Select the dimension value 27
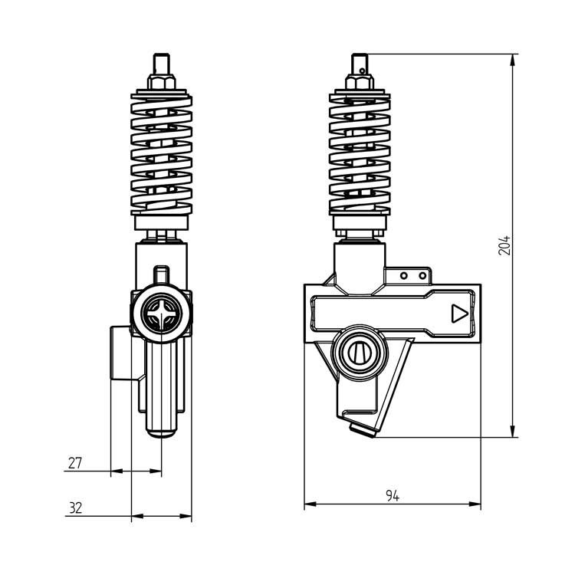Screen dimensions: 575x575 pyautogui.click(x=75, y=463)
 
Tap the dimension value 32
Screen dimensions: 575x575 pyautogui.click(x=75, y=508)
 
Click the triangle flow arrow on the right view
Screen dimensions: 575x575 pyautogui.click(x=458, y=314)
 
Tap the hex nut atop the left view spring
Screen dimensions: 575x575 pyautogui.click(x=162, y=80)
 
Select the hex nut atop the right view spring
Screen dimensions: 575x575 pyautogui.click(x=360, y=80)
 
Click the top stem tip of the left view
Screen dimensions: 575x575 pyautogui.click(x=162, y=59)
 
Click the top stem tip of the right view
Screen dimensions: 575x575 pyautogui.click(x=360, y=59)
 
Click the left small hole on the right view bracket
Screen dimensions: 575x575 pyautogui.click(x=407, y=275)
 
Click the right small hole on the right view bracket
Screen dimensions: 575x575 pyautogui.click(x=422, y=275)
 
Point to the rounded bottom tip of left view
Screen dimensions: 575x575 pyautogui.click(x=162, y=434)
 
